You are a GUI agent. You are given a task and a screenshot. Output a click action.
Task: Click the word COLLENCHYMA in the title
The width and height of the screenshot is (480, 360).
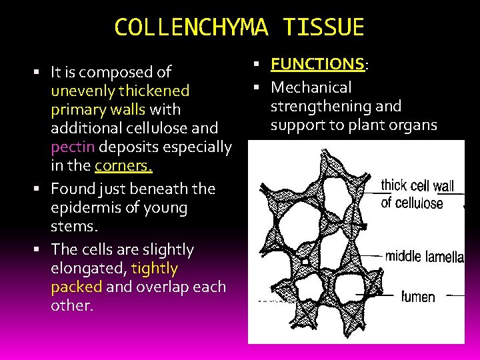pyautogui.click(x=191, y=27)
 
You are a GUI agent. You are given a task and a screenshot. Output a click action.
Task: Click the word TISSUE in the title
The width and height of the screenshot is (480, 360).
pyautogui.click(x=323, y=27)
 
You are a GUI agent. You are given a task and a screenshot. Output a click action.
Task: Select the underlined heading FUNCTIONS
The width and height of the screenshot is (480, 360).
pyautogui.click(x=317, y=65)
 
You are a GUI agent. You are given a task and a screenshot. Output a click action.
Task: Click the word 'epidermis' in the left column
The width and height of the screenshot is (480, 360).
pyautogui.click(x=86, y=207)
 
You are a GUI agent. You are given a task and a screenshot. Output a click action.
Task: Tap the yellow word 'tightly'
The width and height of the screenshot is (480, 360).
pyautogui.click(x=155, y=269)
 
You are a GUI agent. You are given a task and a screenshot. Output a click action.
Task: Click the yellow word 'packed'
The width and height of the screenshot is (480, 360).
pyautogui.click(x=76, y=287)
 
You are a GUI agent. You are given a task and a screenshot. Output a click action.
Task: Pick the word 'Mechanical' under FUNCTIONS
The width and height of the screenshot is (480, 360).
pyautogui.click(x=311, y=87)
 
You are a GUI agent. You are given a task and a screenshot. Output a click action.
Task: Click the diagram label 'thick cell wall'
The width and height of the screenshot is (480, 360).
pyautogui.click(x=417, y=186)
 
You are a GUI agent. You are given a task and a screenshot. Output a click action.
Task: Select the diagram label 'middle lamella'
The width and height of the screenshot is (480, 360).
pyautogui.click(x=424, y=256)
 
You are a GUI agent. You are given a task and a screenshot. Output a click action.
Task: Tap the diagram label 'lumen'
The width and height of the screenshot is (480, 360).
pyautogui.click(x=418, y=296)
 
